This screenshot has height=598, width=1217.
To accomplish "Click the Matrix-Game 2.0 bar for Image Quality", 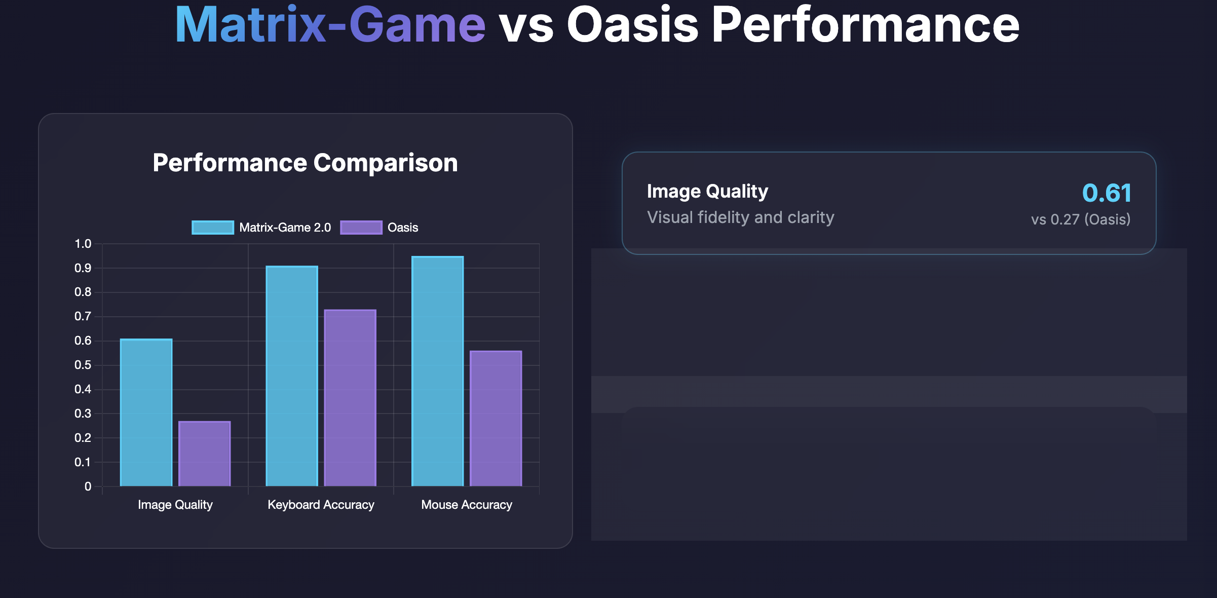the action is pyautogui.click(x=146, y=413).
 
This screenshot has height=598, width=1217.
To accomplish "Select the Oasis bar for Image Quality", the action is pyautogui.click(x=205, y=454).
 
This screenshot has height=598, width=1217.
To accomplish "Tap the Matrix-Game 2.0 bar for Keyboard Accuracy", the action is pyautogui.click(x=292, y=376).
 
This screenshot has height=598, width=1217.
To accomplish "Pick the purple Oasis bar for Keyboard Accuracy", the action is pyautogui.click(x=350, y=398).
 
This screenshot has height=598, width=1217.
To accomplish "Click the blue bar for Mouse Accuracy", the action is pyautogui.click(x=438, y=371).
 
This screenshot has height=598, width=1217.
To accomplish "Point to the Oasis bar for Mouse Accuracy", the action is pyautogui.click(x=496, y=419).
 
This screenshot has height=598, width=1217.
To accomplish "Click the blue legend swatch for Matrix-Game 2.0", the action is pyautogui.click(x=213, y=228).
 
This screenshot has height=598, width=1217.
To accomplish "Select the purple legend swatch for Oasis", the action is pyautogui.click(x=361, y=228).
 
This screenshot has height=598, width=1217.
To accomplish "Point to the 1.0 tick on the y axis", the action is pyautogui.click(x=83, y=244).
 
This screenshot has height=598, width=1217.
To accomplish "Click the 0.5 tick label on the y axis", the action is pyautogui.click(x=83, y=365).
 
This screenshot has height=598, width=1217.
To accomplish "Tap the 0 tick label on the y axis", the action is pyautogui.click(x=88, y=487).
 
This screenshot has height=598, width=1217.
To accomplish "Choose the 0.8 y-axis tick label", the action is pyautogui.click(x=83, y=292).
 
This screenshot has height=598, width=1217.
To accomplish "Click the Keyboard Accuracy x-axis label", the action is pyautogui.click(x=321, y=505).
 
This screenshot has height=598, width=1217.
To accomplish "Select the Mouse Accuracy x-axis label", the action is pyautogui.click(x=467, y=505).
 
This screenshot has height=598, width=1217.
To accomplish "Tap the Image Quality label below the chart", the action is pyautogui.click(x=175, y=505).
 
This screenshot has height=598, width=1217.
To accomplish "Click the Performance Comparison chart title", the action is pyautogui.click(x=306, y=163).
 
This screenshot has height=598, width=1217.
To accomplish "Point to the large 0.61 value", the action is pyautogui.click(x=1107, y=193).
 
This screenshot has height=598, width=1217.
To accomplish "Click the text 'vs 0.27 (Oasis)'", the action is pyautogui.click(x=1081, y=219).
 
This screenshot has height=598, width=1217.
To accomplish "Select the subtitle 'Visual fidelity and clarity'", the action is pyautogui.click(x=741, y=217).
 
